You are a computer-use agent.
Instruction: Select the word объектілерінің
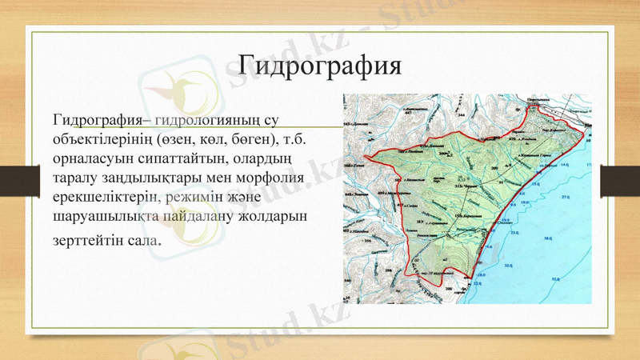103,139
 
